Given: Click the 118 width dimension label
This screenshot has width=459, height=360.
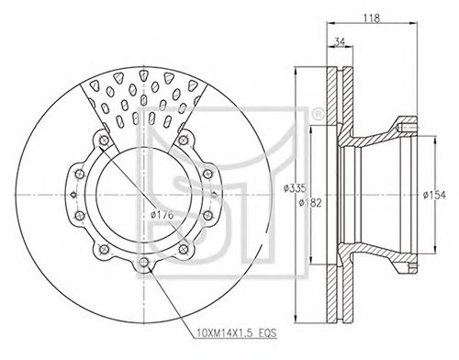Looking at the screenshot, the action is click(372, 18).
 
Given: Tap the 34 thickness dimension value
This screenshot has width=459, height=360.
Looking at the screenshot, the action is click(339, 42).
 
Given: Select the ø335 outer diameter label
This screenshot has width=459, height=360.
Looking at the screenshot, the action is click(295, 188).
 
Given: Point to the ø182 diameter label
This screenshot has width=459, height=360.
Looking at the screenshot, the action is click(310, 203).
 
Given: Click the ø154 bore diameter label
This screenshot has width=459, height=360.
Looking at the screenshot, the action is click(434, 195).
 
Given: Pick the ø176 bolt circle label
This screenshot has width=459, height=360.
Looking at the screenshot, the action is click(162, 215).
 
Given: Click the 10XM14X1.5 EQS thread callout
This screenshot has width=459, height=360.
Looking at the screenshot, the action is click(237, 332).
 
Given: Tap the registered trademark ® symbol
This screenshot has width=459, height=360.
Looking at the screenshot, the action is click(318, 115).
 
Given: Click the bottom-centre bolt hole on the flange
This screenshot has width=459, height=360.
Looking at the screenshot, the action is click(144, 262).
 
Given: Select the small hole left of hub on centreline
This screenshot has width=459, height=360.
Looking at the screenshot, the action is click(73, 194).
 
